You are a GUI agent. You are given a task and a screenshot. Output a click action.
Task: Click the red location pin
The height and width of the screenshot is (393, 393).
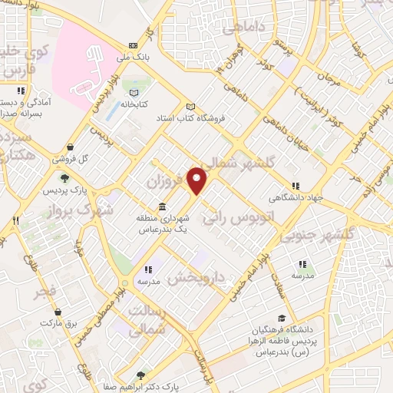(x=197, y=180)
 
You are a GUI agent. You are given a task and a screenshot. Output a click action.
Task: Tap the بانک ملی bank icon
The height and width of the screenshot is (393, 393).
(x=134, y=45)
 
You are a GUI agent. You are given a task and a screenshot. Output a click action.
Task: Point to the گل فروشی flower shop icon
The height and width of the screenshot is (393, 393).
(x=71, y=147)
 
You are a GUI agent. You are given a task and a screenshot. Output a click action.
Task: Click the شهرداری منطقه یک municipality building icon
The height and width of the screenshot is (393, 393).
(x=162, y=207)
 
